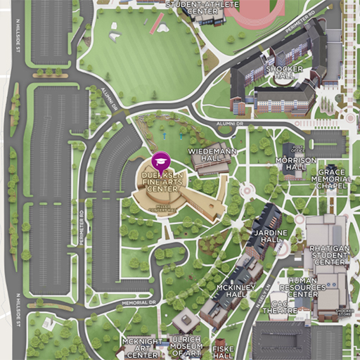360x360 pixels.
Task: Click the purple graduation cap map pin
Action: pos(161,160)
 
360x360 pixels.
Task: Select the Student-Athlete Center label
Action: pos(195,6)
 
